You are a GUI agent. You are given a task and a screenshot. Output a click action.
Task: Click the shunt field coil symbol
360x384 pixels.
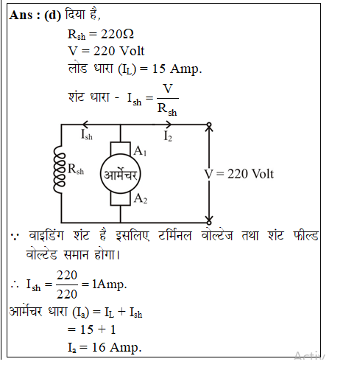pyautogui.click(x=59, y=170)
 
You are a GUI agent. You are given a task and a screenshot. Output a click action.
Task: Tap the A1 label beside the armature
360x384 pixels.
pyautogui.click(x=140, y=151)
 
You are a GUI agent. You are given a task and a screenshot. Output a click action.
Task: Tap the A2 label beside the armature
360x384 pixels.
pyautogui.click(x=141, y=198)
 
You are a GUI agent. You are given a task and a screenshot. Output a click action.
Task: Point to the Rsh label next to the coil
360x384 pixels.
pyautogui.click(x=76, y=169)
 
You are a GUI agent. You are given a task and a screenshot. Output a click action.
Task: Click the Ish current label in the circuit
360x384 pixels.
pyautogui.click(x=87, y=135)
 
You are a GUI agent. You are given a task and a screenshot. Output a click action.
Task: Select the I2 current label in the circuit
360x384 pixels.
pyautogui.click(x=168, y=136)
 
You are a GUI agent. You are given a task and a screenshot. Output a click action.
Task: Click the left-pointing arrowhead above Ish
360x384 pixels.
pyautogui.click(x=85, y=125)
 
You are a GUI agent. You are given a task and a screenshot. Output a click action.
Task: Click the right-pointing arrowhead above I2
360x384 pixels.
pyautogui.click(x=169, y=125)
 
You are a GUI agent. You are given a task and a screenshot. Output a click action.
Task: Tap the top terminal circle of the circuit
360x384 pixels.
pyautogui.click(x=209, y=125)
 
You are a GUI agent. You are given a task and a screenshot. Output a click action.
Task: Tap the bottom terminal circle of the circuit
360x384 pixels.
pyautogui.click(x=209, y=223)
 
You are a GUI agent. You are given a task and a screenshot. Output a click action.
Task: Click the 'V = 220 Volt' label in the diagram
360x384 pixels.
pyautogui.click(x=239, y=174)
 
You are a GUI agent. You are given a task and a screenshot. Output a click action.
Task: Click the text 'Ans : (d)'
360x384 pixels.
pyautogui.click(x=35, y=15)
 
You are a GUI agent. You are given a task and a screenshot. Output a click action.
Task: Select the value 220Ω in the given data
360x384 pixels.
pyautogui.click(x=117, y=34)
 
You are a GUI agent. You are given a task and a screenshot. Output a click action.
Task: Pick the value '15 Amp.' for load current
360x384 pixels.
pyautogui.click(x=177, y=69)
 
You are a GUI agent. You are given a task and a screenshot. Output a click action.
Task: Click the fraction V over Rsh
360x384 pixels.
pyautogui.click(x=168, y=100)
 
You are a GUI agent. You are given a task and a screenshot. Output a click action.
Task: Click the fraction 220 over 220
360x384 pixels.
pyautogui.click(x=67, y=284)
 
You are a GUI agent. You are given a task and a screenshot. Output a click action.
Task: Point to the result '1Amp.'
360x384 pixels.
pyautogui.click(x=110, y=284)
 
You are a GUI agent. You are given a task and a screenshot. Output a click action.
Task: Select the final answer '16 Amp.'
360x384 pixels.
pyautogui.click(x=116, y=347)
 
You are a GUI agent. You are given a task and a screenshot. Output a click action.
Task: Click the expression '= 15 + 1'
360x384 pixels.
pyautogui.click(x=91, y=329)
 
